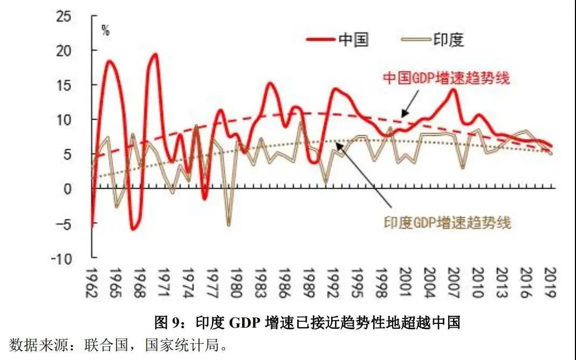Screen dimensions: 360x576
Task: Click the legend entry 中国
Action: [354, 39]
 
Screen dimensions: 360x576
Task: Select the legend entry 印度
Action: [449, 39]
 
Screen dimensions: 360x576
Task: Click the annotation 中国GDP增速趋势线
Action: [446, 78]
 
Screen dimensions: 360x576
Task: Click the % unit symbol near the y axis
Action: [106, 31]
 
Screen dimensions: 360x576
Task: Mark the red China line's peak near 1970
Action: [155, 54]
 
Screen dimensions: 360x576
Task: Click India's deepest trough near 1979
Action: [229, 224]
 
